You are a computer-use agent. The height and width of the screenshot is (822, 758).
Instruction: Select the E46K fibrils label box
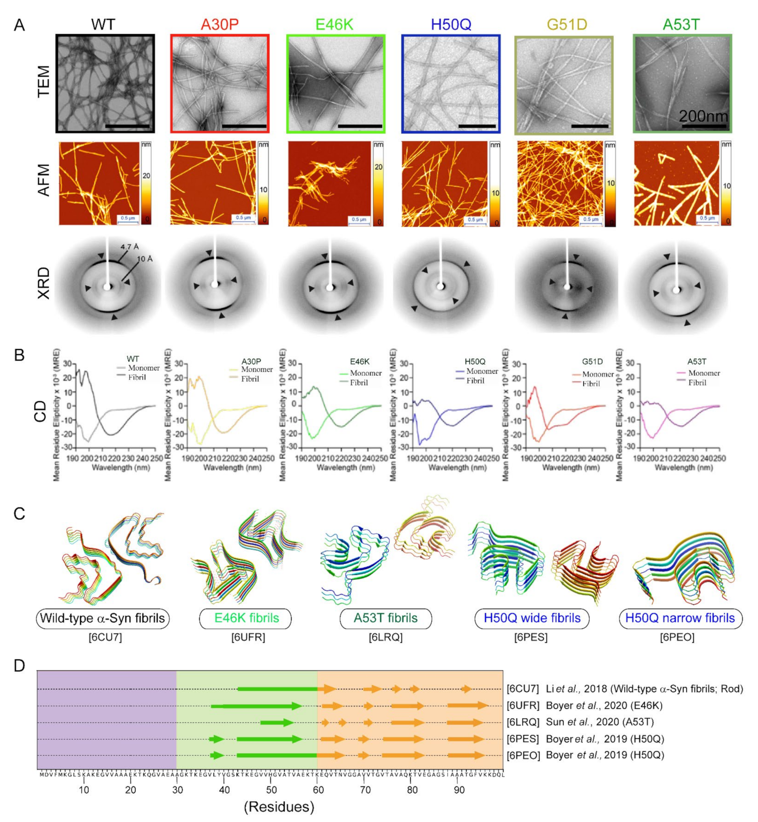click(246, 618)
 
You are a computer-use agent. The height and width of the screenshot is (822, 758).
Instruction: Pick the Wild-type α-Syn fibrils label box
click(103, 618)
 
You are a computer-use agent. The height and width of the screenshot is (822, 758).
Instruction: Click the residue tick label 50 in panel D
click(271, 790)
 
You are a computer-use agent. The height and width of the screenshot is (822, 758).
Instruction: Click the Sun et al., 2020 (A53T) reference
click(599, 722)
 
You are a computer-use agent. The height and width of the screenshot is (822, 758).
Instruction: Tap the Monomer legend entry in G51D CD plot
click(597, 374)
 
